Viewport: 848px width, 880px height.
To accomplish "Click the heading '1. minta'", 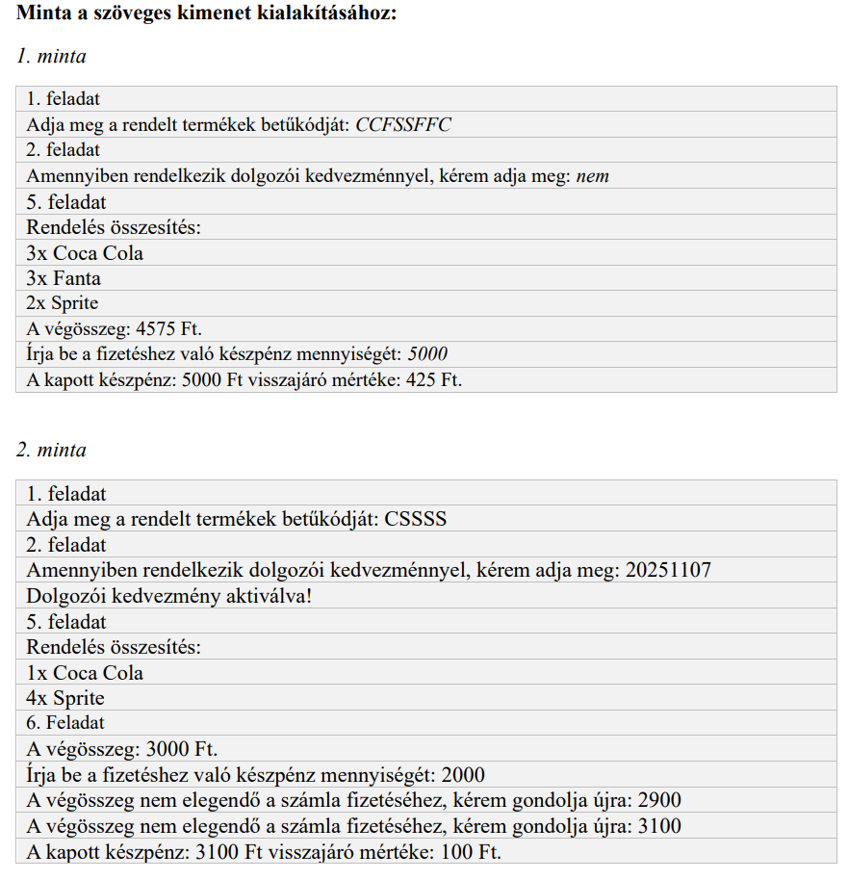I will [x=51, y=57].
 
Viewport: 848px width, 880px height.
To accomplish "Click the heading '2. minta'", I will [x=51, y=451].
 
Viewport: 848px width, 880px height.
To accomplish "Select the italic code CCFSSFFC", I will [x=403, y=125].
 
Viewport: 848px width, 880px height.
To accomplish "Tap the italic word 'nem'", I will [x=593, y=176].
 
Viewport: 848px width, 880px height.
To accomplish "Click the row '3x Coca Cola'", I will [x=85, y=253].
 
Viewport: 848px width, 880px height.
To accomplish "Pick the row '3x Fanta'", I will [x=64, y=278].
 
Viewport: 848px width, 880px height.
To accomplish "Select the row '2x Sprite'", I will [x=63, y=303].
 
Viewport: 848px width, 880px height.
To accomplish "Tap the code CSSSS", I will [x=416, y=519].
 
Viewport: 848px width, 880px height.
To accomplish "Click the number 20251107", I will [x=668, y=570].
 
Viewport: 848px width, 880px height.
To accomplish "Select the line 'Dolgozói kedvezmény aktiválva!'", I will [x=169, y=596].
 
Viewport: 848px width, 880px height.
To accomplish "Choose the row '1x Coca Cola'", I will [x=85, y=673].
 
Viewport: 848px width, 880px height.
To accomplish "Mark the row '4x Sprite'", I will [x=65, y=698].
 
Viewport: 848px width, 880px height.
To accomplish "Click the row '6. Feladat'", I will [x=65, y=723].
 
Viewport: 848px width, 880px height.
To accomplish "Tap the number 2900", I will [x=659, y=801].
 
